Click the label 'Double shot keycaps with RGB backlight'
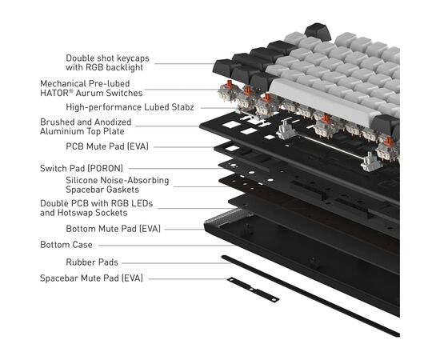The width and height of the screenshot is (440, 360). coord(107,63)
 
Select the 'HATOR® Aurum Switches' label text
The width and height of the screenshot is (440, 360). coord(91,93)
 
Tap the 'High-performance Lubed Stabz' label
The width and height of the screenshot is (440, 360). coord(130,107)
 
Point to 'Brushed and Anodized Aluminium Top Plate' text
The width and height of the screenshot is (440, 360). coord(86,126)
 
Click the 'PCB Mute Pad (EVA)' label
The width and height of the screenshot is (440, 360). coord(107,146)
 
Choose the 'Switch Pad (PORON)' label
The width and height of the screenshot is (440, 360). coord(82,168)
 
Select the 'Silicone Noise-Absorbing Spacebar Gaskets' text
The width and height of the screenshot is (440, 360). coord(118,185)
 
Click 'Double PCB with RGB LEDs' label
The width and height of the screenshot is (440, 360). coord(96,203)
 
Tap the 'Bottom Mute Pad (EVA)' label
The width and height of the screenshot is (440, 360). coord(113,229)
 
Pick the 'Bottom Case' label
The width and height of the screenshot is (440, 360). coord(66,245)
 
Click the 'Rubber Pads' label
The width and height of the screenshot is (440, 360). coord(92,262)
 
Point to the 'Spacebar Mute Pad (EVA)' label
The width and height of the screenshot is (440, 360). coord(91,278)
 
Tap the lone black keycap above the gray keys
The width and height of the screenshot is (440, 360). coord(318,31)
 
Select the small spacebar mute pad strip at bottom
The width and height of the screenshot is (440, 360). coord(253,290)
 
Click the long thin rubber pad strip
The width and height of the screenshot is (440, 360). coord(310,296)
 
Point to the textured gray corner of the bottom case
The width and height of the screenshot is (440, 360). coord(228,217)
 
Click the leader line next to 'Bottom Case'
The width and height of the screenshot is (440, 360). coord(166,246)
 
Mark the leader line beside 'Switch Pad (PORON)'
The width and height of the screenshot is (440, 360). coord(176,168)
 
